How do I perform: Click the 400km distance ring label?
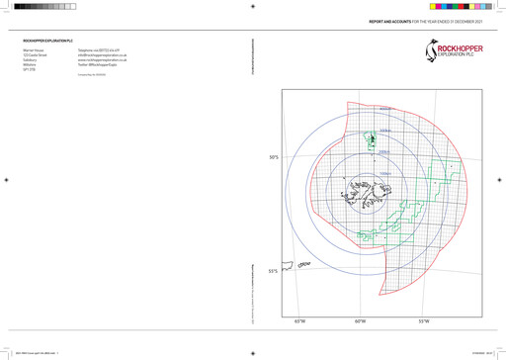pos(385,109)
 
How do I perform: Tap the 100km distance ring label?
pos(372,174)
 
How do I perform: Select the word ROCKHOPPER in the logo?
pos(460,43)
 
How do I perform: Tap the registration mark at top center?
pos(253,6)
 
